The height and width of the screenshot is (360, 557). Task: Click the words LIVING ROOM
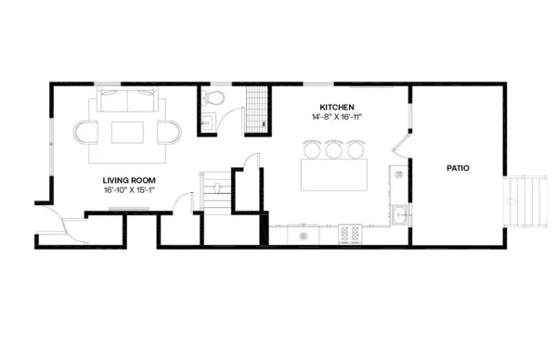point(128,180)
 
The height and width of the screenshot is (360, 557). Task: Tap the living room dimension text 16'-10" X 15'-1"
point(128,190)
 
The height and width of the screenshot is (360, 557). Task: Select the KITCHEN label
point(337,107)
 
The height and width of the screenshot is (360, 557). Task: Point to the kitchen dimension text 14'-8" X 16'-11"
point(337,117)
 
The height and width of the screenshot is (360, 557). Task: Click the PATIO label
point(458,169)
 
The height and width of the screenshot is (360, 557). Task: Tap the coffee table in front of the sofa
point(128,133)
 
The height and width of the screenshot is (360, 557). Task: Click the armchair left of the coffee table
point(86,133)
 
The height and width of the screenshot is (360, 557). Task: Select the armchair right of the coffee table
point(170,133)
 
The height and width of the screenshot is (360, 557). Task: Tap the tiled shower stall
point(256,109)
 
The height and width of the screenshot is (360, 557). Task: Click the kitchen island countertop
point(333,174)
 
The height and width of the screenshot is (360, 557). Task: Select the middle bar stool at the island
point(333,148)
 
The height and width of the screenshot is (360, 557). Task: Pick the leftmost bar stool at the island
point(312,148)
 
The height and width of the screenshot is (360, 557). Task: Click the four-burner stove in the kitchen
point(350,234)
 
